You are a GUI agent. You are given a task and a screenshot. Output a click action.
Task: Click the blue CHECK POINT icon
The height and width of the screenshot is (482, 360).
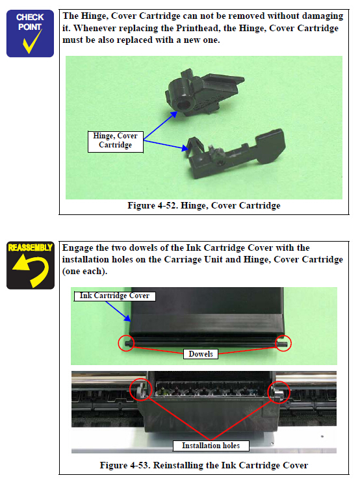coord(30,33)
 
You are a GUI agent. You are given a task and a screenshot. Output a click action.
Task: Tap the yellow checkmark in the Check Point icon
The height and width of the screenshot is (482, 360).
coord(32,43)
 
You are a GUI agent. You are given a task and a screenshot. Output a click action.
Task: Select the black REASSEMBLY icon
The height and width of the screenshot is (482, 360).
coord(31,265)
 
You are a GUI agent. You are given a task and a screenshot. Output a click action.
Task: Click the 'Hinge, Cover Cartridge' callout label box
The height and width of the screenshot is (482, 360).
coord(116,142)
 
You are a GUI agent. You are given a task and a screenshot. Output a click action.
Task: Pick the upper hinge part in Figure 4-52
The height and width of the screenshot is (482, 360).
coord(203,92)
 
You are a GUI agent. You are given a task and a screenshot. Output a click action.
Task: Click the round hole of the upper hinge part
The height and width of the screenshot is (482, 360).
coord(185,105)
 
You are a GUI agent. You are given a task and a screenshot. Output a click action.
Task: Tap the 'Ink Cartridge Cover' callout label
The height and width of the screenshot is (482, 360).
coord(114,296)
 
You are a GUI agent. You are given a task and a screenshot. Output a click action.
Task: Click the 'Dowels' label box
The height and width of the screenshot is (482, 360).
coord(201,354)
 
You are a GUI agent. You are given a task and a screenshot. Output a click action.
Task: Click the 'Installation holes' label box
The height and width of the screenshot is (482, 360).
coord(211,446)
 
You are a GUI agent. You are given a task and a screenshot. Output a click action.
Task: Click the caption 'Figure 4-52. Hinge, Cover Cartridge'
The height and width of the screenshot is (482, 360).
coord(204,205)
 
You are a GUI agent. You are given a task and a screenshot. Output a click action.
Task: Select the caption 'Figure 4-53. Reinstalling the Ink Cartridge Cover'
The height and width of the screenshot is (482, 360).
coord(204,465)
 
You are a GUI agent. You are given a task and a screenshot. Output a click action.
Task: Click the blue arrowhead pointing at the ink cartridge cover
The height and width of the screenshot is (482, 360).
coord(127,318)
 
